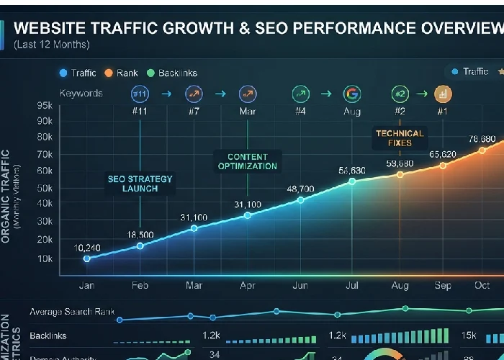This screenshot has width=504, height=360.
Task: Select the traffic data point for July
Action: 352,181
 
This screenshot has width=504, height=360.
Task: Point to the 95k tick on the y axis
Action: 44,104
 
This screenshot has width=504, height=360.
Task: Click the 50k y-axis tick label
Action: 44,187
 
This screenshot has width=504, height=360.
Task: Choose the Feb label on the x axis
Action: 140,286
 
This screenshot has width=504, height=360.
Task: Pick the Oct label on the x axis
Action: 481,286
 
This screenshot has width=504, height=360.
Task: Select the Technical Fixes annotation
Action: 400,138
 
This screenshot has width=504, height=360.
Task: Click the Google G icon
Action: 352,94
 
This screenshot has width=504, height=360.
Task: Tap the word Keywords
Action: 81,93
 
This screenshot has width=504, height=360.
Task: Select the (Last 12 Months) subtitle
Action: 51,45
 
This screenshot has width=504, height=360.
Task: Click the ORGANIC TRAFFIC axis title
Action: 6,194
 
